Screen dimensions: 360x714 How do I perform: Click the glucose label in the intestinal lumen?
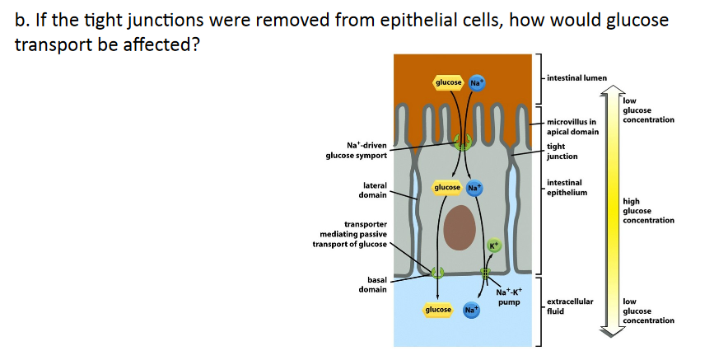[449, 82]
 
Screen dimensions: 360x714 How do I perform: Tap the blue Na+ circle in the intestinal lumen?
[476, 82]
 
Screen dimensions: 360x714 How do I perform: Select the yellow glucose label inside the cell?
[448, 188]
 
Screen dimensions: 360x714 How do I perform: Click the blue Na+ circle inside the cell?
[475, 188]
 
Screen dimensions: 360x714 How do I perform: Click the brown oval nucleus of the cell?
[460, 228]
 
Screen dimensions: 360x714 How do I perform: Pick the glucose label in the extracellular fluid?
[438, 310]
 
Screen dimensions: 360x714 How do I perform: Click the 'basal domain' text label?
[372, 285]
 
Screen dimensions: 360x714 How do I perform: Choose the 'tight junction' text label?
[562, 152]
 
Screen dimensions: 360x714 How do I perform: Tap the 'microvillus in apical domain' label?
[572, 127]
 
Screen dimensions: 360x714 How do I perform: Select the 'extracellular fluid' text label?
[570, 306]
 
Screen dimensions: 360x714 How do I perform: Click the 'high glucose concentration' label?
[649, 210]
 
